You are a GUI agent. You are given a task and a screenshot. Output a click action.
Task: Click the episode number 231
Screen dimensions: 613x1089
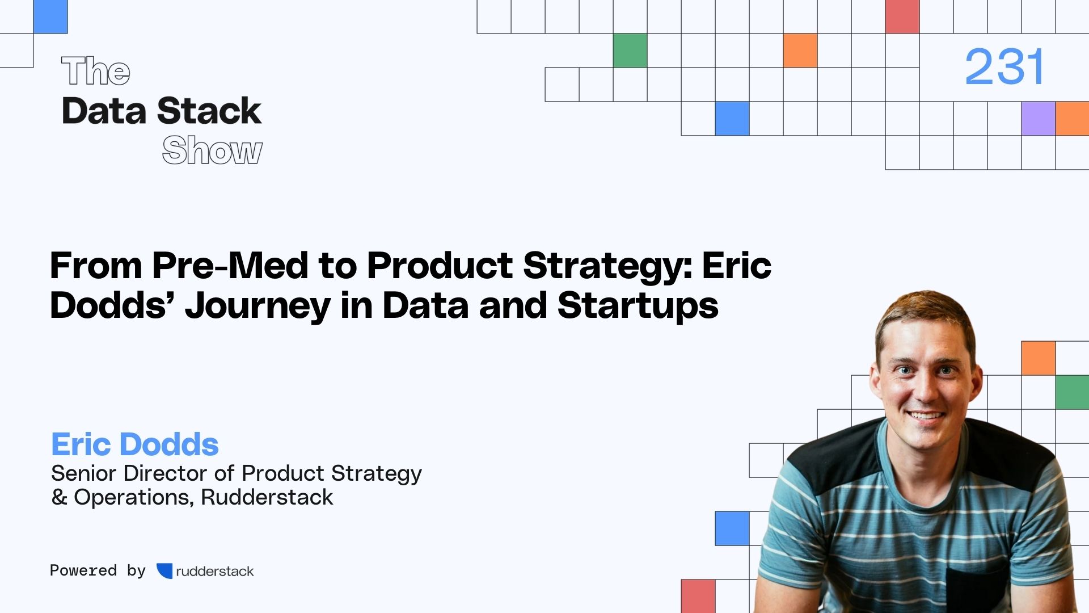click(1004, 67)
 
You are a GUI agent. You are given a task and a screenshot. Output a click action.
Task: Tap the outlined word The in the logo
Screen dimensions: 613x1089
click(96, 72)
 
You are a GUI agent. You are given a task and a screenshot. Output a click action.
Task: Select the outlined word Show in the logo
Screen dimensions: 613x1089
click(212, 150)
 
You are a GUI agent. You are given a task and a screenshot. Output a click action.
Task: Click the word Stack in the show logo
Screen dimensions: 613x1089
click(209, 111)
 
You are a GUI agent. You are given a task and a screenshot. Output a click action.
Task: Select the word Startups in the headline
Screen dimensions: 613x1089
click(638, 305)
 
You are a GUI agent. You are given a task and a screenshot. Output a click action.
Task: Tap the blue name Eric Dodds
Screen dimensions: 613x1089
click(135, 444)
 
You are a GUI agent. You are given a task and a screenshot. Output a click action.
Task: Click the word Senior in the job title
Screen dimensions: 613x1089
click(83, 473)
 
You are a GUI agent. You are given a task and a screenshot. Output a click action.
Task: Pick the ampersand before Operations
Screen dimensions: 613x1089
click(59, 497)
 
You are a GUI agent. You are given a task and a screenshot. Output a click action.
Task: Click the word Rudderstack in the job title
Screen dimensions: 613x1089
click(267, 497)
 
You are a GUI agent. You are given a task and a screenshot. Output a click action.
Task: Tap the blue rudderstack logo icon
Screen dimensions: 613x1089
click(164, 570)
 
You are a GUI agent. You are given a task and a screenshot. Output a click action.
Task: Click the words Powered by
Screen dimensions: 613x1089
click(98, 570)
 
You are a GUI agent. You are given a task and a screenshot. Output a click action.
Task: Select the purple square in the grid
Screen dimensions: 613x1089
click(1038, 119)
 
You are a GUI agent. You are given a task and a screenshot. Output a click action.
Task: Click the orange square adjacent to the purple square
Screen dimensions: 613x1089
click(1072, 119)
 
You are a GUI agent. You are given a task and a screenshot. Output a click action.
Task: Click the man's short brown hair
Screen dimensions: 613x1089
click(925, 312)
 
